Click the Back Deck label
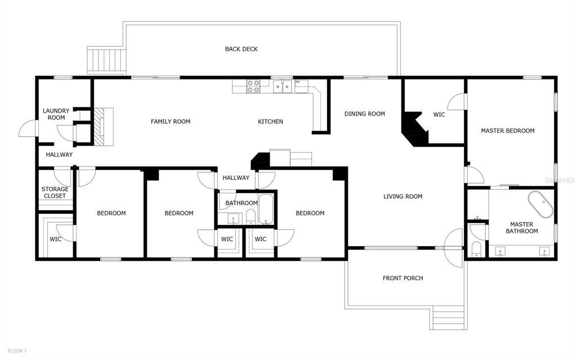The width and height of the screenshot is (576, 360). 241,49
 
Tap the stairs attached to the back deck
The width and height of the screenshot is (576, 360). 105,60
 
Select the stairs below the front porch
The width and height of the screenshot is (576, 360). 448,318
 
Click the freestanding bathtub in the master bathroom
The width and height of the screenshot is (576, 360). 540,204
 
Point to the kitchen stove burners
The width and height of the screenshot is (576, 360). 253,86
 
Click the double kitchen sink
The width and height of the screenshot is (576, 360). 283,86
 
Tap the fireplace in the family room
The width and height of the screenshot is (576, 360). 103,127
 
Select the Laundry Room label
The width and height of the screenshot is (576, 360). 56,114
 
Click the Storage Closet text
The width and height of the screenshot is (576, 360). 55,192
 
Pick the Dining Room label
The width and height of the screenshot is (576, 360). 364,114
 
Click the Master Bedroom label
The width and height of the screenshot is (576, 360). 507,131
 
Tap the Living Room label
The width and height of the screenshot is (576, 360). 403,197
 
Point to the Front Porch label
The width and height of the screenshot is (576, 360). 403,278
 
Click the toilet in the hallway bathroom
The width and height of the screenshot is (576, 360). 251,217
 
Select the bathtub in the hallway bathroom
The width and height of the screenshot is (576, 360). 266,210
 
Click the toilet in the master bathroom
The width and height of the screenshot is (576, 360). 476,248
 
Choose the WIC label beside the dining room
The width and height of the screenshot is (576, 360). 439,115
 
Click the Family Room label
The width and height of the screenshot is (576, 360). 170,122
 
